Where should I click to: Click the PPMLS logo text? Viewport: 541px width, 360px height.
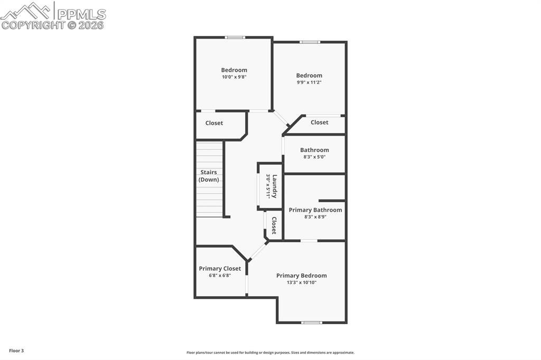[x=81, y=14]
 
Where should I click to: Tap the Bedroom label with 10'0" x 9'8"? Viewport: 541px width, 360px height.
[x=234, y=70]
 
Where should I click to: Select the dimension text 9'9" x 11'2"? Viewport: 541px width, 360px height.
[x=309, y=82]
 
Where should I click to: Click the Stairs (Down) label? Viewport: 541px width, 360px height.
[x=209, y=176]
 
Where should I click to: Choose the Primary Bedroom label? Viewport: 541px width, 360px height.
[x=301, y=276]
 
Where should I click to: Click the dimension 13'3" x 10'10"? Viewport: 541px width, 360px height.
[x=301, y=282]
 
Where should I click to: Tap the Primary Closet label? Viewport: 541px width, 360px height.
[x=220, y=269]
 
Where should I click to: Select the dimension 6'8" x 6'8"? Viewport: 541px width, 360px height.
[x=220, y=276]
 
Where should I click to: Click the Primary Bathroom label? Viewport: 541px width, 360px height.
[x=315, y=210]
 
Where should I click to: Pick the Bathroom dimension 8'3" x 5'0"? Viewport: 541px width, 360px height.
[x=314, y=157]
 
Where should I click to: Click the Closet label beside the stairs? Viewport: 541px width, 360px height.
[x=214, y=123]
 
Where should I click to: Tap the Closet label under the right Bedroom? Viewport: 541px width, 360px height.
[x=319, y=122]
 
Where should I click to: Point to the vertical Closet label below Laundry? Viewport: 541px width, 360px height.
[x=274, y=225]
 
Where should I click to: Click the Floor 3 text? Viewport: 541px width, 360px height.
[x=16, y=350]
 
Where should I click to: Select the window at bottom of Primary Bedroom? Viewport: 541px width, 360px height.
[x=311, y=322]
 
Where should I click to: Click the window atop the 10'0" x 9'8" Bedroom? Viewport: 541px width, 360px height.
[x=235, y=37]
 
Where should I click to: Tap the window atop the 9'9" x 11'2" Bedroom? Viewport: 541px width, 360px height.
[x=310, y=42]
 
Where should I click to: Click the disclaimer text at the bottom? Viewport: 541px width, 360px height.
[x=270, y=353]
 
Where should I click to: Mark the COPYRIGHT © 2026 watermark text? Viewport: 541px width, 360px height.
[x=52, y=25]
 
